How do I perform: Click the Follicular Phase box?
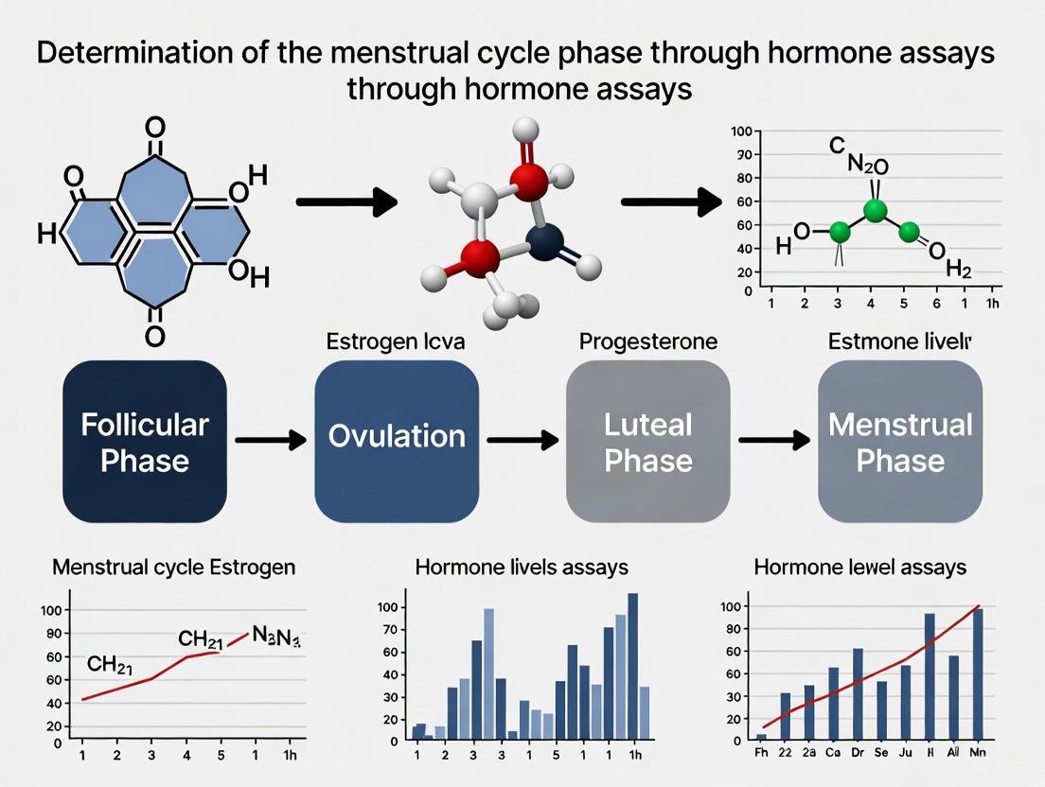coord(144,441)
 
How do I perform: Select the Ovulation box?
coord(397,441)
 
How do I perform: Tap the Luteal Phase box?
coord(648,441)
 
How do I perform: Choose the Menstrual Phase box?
coord(900,441)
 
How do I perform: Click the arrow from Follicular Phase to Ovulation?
coord(270,440)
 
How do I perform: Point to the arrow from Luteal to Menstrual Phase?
coord(773,440)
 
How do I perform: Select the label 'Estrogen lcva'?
coord(396,341)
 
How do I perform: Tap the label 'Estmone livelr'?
coord(900,341)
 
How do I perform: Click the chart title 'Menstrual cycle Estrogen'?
coord(173,568)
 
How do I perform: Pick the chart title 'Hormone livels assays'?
coord(522,568)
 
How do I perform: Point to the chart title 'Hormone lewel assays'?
coord(859,568)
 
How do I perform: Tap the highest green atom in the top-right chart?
coord(876,210)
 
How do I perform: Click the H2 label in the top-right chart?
coord(959,271)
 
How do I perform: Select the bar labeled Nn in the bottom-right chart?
coord(978,673)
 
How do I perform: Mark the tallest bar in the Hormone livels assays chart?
coord(632,665)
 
